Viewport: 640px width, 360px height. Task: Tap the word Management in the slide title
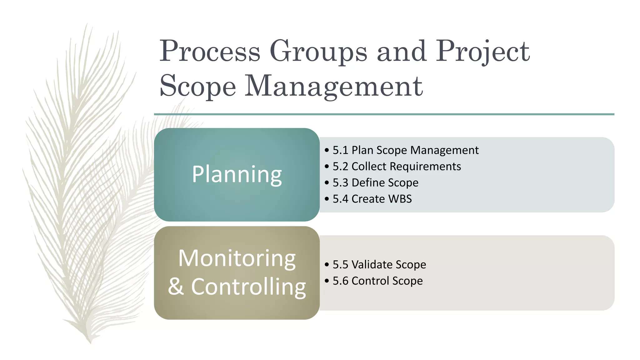(x=333, y=86)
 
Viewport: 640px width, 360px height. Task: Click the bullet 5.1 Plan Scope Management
(x=405, y=150)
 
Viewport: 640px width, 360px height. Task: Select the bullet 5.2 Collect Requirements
(x=397, y=167)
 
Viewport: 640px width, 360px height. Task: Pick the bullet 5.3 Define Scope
(x=375, y=183)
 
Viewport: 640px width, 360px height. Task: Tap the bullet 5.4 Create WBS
(x=372, y=199)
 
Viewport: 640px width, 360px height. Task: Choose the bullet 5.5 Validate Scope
(x=379, y=265)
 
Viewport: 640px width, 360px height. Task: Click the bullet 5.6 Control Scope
(x=377, y=281)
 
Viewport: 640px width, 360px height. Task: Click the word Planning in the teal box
(x=237, y=174)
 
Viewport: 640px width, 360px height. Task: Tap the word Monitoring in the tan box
(x=237, y=258)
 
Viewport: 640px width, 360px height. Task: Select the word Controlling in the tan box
(x=248, y=287)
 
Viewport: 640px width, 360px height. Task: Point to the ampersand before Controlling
(x=176, y=287)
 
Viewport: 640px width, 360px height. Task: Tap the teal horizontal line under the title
(x=384, y=114)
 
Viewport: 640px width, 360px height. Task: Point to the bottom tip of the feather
(x=90, y=342)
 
